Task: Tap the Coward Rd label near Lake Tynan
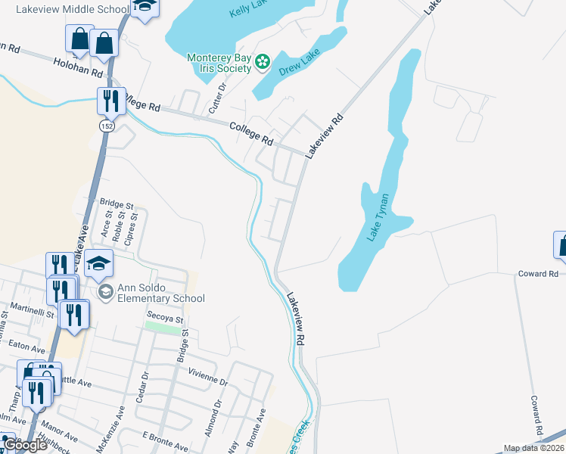pyautogui.click(x=538, y=274)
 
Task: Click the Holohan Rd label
pyautogui.click(x=77, y=70)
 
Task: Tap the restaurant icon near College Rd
pyautogui.click(x=110, y=99)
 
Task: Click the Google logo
pyautogui.click(x=24, y=445)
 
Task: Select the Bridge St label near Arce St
pyautogui.click(x=117, y=204)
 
